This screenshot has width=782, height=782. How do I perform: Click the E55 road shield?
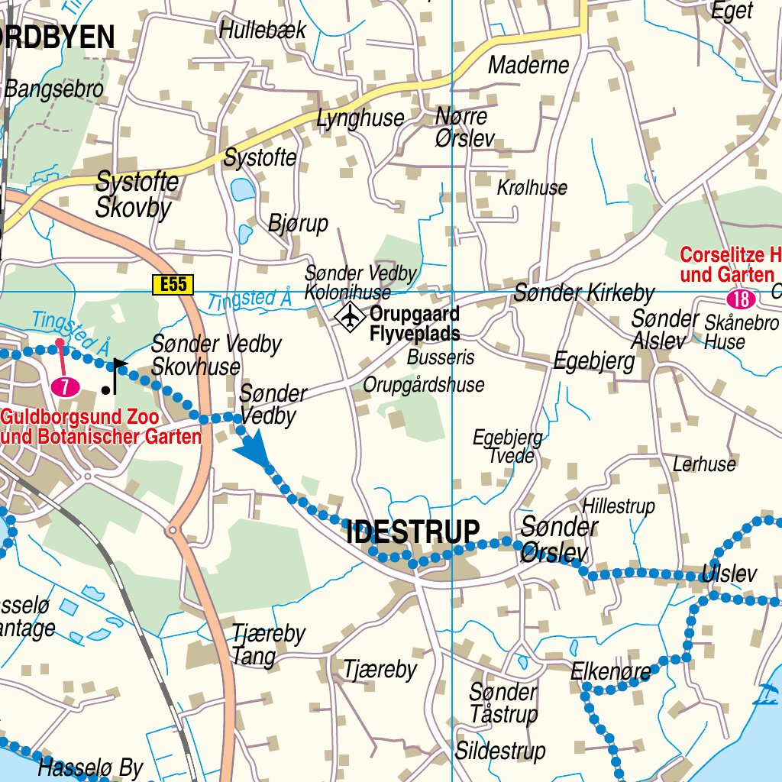click(x=173, y=285)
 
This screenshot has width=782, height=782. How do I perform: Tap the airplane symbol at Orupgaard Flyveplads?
click(x=350, y=316)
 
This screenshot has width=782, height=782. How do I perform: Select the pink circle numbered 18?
click(x=740, y=299)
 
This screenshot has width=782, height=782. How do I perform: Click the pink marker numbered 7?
click(x=66, y=386)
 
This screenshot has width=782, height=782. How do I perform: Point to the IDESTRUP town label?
click(x=413, y=532)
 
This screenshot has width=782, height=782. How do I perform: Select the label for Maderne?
click(x=528, y=65)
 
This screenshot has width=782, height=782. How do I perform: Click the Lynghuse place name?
click(x=360, y=118)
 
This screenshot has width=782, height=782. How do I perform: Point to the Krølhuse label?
click(x=532, y=187)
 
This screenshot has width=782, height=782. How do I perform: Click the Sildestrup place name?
click(x=500, y=751)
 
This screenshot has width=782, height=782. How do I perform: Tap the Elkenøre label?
click(x=611, y=672)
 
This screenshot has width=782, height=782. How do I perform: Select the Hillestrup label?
click(x=619, y=506)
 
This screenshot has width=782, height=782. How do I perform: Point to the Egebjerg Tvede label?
click(x=507, y=447)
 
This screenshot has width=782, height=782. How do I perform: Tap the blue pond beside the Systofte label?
click(x=243, y=189)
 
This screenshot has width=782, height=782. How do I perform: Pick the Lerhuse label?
click(x=704, y=464)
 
